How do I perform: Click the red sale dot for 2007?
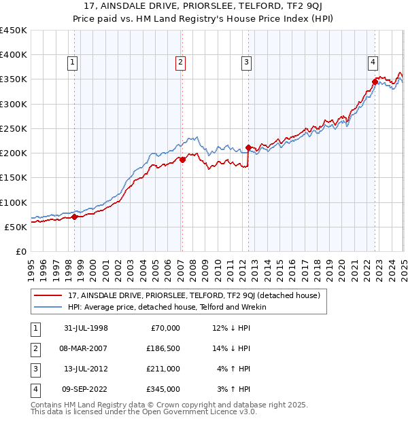click(182, 160)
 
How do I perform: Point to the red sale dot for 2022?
click(375, 82)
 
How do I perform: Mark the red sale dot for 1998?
click(75, 217)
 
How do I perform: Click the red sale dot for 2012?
click(248, 147)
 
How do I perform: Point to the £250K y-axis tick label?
click(13, 129)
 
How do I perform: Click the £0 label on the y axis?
click(20, 251)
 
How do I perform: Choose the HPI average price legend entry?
click(167, 307)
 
